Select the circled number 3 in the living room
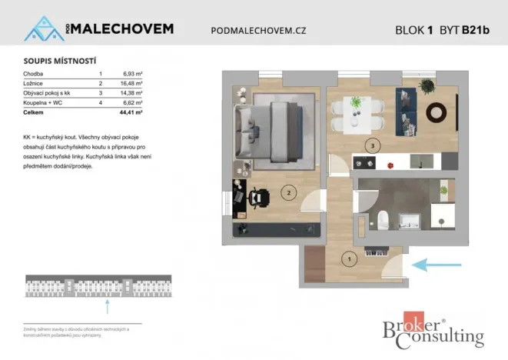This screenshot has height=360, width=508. click(x=372, y=144)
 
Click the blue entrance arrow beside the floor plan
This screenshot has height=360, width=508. click(x=434, y=265)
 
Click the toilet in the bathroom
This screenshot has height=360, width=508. click(x=381, y=218)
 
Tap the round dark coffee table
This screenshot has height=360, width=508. click(x=437, y=112)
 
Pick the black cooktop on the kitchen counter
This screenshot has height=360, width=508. click(x=363, y=163)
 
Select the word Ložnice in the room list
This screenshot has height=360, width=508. click(x=35, y=82)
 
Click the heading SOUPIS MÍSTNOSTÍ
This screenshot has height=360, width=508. click(x=55, y=60)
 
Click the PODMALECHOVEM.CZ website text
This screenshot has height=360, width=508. click(x=257, y=30)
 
